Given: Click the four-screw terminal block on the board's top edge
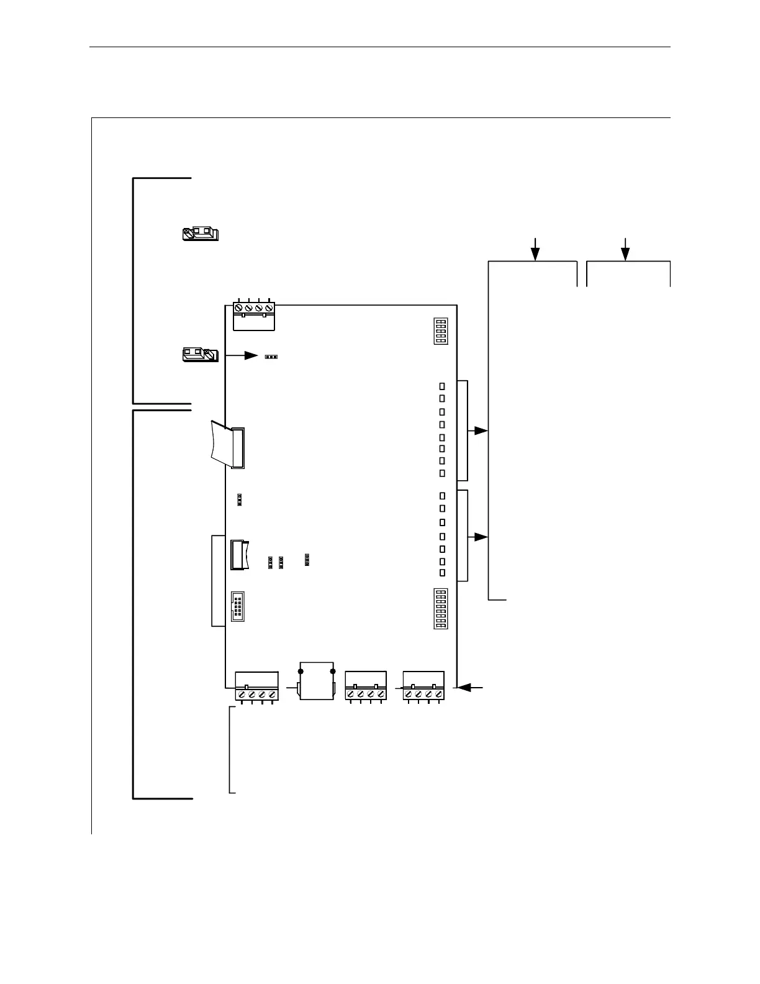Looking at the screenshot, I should pos(253,315).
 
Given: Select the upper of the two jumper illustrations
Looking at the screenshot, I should pos(201,234).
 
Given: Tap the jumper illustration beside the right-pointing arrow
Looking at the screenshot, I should pos(199,355).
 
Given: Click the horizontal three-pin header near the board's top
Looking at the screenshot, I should pos(271,357).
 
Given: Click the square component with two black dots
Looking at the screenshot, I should pos(317,681).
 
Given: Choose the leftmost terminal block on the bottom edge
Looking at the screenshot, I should pos(256,686).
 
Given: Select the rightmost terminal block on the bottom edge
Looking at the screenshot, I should pos(423,686).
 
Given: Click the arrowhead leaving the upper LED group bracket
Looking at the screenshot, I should pos(481,430).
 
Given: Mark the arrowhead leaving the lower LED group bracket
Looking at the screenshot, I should pos(481,537).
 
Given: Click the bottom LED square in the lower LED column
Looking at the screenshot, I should pos(442,572).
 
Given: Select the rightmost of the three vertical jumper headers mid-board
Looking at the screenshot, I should pos(307,560).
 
